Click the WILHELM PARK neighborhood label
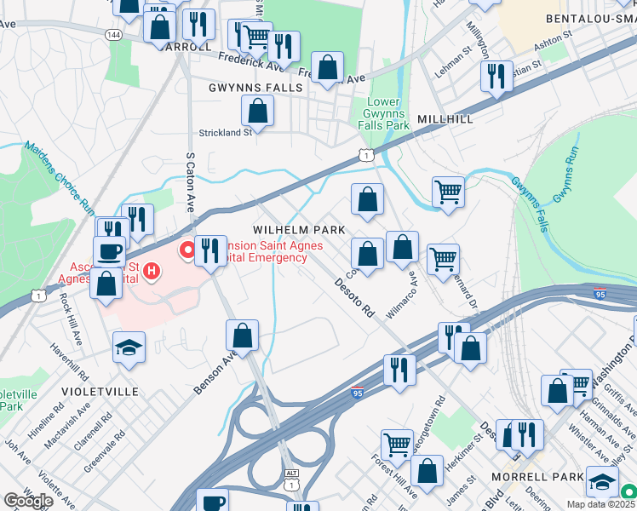click(x=299, y=230)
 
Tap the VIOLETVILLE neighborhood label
click(x=100, y=392)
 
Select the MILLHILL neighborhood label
click(x=445, y=119)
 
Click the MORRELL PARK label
click(x=537, y=476)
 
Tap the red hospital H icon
click(x=152, y=272)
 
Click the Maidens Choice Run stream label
click(x=59, y=175)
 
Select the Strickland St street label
click(x=226, y=132)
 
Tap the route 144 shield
click(x=113, y=34)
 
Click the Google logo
click(x=29, y=501)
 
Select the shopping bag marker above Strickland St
click(x=257, y=110)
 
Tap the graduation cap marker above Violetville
click(x=129, y=347)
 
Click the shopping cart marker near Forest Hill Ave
click(x=397, y=444)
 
